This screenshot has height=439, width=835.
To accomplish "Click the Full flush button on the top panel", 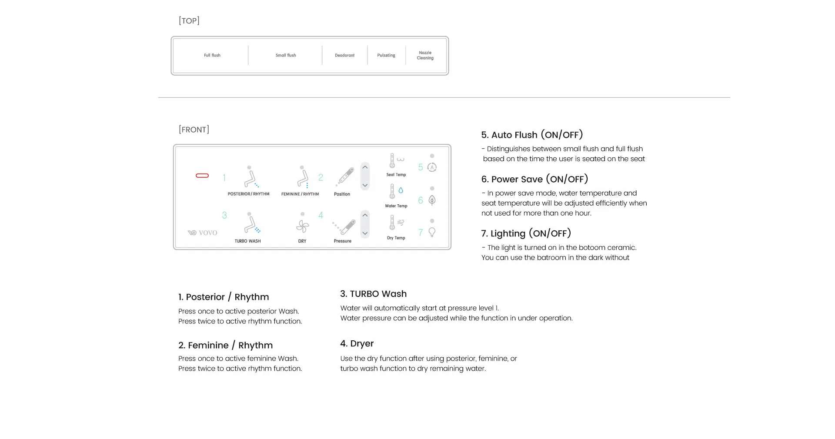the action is point(212,55).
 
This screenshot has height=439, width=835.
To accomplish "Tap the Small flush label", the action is point(286,55).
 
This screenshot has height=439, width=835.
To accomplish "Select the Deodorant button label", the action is point(344,55).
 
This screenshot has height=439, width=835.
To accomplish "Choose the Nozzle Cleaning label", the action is point(425,55).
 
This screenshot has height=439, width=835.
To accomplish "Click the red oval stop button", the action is point(202,176).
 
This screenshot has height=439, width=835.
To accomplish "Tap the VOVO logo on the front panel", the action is point(202,233).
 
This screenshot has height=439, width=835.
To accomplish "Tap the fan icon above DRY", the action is point(303,226).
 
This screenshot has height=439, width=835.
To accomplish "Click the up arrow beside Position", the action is point(365,167).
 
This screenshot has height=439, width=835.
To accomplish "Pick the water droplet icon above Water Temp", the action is point(401,190).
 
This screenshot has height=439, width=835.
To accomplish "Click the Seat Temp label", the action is point(396,175).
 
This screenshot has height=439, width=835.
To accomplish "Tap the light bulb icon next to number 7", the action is point(432,232).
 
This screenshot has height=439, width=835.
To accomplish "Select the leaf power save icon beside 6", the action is point(432,200).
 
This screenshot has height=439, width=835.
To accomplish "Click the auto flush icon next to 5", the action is point(432,167).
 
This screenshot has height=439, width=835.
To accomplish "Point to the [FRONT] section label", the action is point(194,130).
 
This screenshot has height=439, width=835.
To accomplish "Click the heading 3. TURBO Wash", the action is point(374,294).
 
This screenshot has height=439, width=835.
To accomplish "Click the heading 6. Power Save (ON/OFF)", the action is point(534,179).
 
